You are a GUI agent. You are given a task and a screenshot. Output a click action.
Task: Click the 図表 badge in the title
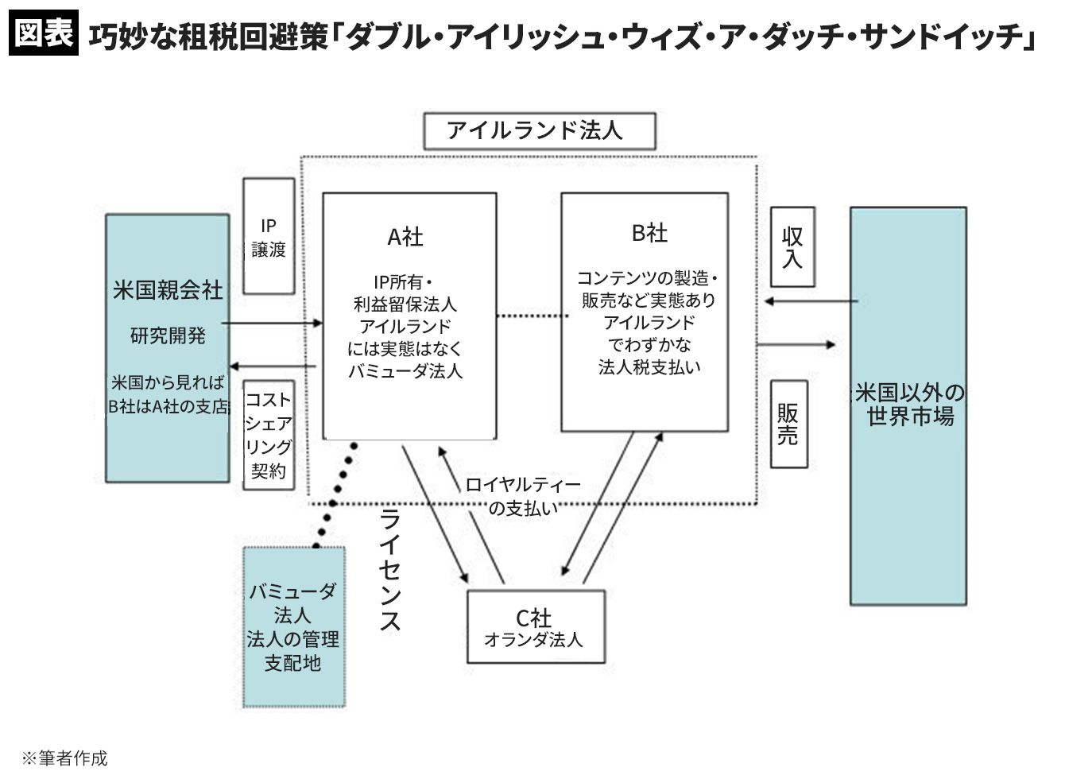(x=44, y=33)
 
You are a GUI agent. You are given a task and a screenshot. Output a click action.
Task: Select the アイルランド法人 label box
(x=539, y=131)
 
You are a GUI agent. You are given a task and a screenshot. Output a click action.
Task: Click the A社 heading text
(x=405, y=236)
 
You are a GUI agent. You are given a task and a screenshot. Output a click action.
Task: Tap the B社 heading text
(x=649, y=233)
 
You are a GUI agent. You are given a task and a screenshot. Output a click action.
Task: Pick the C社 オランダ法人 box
(x=536, y=627)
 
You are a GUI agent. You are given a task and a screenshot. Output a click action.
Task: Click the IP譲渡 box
(x=269, y=236)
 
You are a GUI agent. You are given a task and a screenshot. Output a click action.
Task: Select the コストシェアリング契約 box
(x=269, y=434)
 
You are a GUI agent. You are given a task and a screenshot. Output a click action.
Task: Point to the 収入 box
(x=792, y=247)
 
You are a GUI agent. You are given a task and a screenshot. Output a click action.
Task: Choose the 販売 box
(x=788, y=424)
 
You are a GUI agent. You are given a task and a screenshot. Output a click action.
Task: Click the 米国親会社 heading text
(x=168, y=290)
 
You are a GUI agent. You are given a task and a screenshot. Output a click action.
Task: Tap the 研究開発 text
(x=168, y=335)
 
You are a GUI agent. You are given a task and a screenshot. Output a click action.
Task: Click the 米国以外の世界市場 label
(x=908, y=405)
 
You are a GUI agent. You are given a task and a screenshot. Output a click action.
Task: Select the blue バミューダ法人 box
(x=293, y=626)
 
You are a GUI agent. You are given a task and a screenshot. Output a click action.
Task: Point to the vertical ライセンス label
(x=389, y=570)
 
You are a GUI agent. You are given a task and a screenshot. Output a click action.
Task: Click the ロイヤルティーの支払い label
(x=522, y=496)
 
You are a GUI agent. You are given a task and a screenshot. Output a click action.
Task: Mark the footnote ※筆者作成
(x=64, y=758)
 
